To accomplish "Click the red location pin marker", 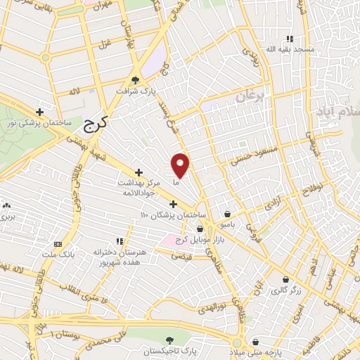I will (x=181, y=166).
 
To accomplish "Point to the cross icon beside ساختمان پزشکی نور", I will (x=40, y=112).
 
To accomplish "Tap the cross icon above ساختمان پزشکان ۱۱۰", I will (x=173, y=204).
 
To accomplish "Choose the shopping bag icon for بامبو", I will (x=228, y=213).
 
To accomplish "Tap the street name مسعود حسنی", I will (x=259, y=155).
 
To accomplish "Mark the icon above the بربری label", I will (x=6, y=205).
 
